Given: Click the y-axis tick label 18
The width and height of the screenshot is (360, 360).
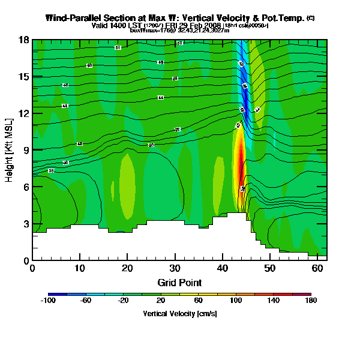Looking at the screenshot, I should tap(25, 40).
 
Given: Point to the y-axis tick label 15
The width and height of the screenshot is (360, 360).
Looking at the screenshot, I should tap(25, 77).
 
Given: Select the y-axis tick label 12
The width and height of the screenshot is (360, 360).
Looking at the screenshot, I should tap(25, 113).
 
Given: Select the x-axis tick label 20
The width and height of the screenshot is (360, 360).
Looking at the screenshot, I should tap(127, 268).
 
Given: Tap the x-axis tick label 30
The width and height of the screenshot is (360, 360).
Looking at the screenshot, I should tap(175, 268).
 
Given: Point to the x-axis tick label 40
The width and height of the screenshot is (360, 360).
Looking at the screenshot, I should tap(223, 268).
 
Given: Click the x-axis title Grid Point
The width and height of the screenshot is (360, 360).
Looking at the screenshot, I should tap(179, 282).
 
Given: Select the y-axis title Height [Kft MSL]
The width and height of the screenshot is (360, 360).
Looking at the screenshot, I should tap(10, 150).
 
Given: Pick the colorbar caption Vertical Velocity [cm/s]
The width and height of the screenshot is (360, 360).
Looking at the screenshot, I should tap(179, 313).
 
